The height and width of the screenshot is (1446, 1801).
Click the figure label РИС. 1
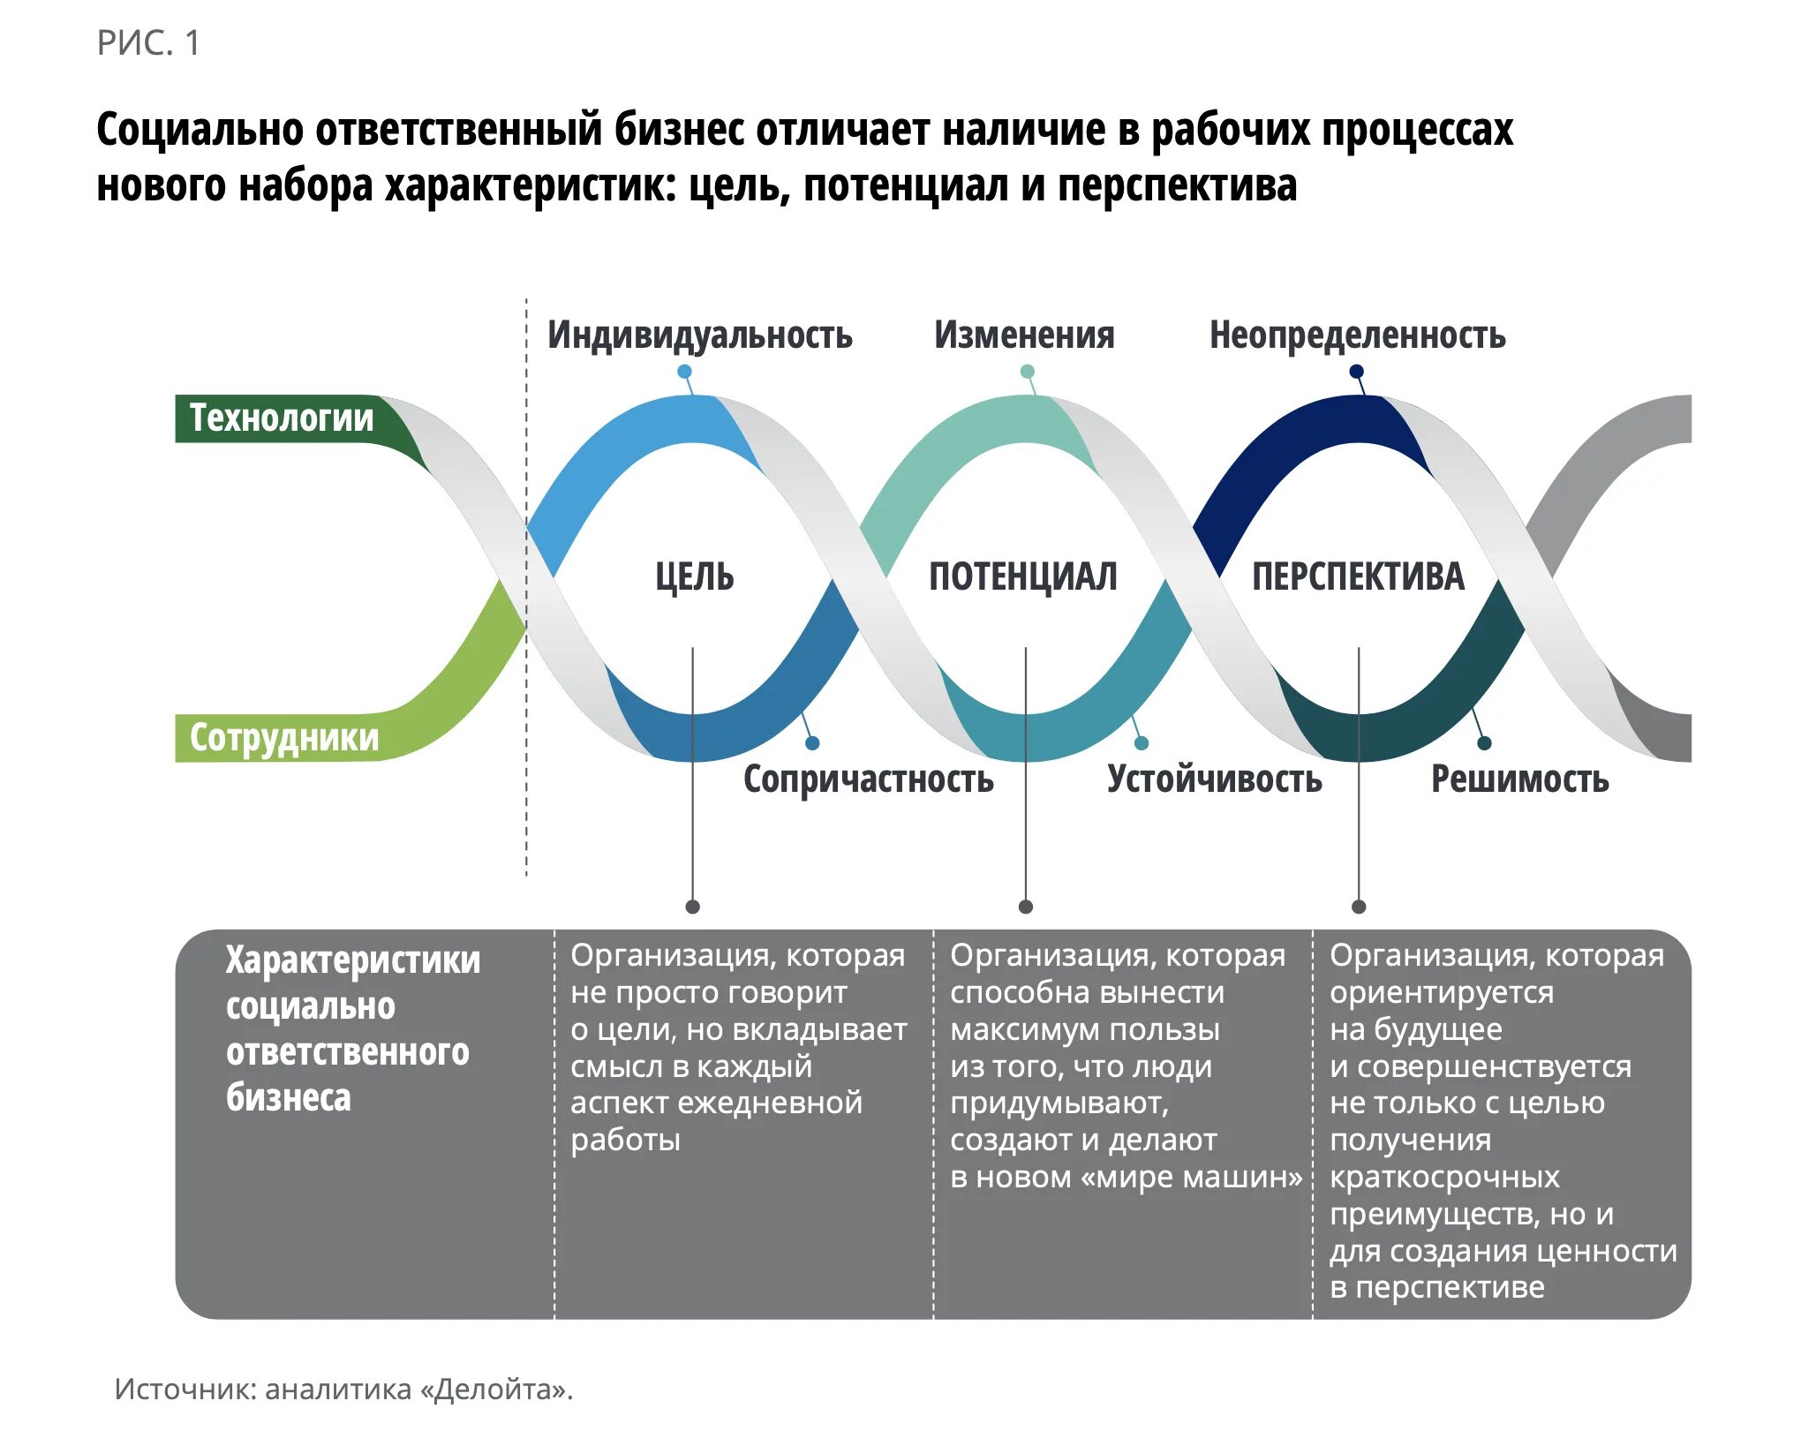click(148, 43)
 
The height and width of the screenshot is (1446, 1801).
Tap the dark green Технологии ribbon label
click(281, 418)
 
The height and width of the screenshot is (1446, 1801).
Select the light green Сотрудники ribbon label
click(283, 738)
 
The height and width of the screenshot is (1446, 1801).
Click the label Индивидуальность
click(699, 335)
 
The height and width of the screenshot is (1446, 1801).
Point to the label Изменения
click(1024, 335)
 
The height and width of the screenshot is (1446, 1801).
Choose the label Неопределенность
click(1357, 335)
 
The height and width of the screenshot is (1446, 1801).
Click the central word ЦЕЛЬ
click(694, 576)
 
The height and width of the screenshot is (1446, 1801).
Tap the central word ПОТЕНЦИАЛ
click(1023, 576)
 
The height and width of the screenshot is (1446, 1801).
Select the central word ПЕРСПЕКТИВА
click(1358, 576)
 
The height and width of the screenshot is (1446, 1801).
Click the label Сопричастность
click(868, 779)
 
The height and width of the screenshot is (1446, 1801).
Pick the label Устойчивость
click(1214, 779)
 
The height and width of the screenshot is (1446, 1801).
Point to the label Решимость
click(1519, 779)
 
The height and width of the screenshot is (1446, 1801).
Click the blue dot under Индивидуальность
click(684, 372)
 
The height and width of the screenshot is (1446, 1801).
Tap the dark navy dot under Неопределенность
click(1357, 372)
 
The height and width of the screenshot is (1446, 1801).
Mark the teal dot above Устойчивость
click(1142, 743)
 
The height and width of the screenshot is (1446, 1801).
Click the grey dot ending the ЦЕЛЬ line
click(693, 907)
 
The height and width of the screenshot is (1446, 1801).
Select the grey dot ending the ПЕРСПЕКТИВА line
click(1359, 907)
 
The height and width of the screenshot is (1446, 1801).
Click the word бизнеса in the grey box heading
click(289, 1098)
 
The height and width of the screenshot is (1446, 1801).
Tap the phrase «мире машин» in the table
click(1193, 1178)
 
